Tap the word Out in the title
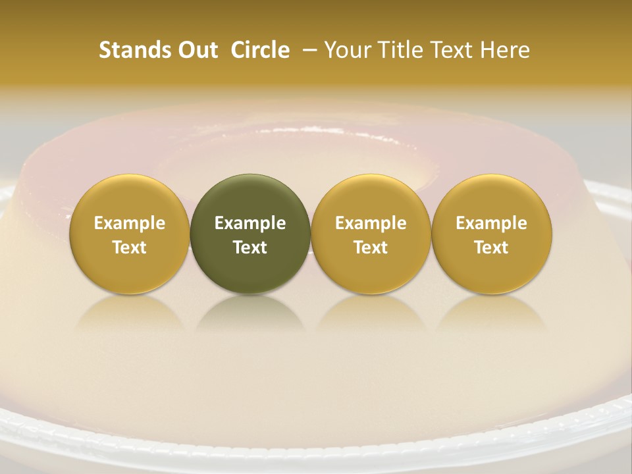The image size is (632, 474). tap(196, 50)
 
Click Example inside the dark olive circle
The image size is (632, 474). tap(250, 223)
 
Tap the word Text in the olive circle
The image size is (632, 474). tap(250, 248)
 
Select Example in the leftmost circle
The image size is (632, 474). tap(130, 223)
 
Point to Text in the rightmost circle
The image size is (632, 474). tap(492, 248)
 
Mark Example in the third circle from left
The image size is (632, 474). tap(371, 223)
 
